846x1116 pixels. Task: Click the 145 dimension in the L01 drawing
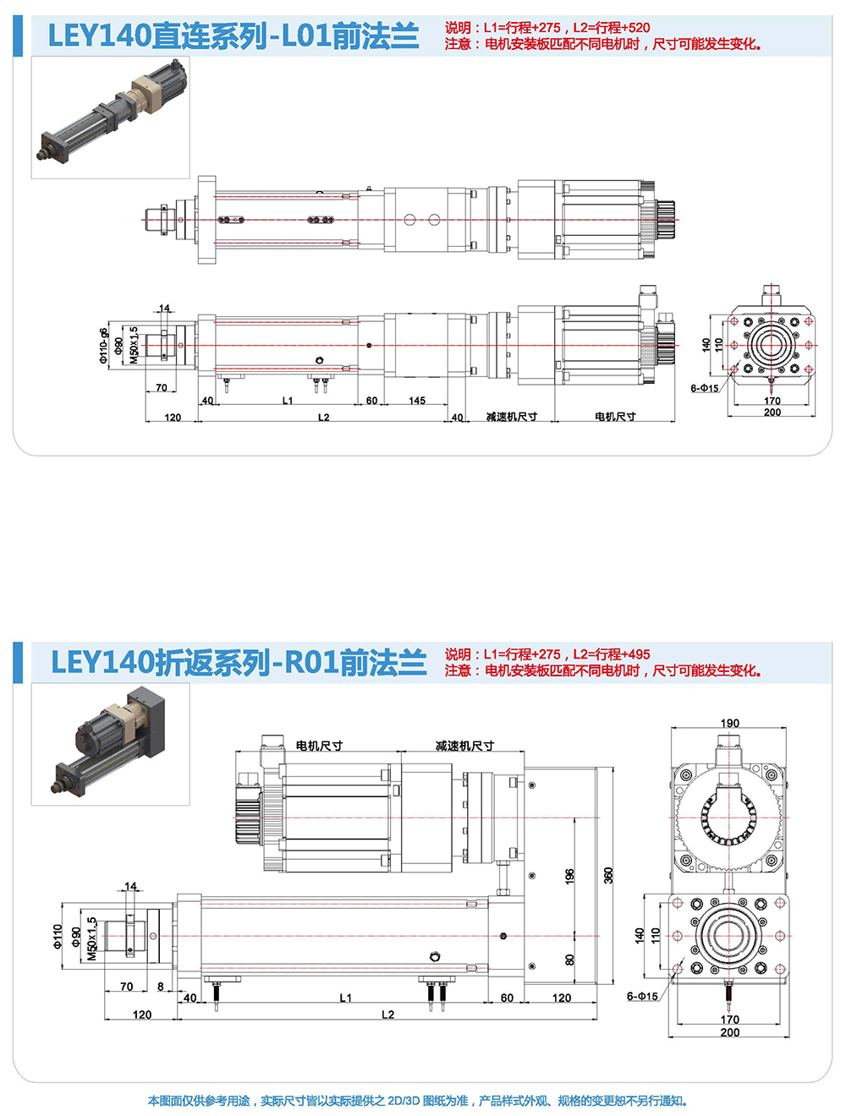[x=417, y=401]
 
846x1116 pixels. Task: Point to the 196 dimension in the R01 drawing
[x=569, y=876]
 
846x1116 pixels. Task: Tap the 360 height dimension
[x=608, y=876]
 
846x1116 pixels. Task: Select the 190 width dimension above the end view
[x=729, y=724]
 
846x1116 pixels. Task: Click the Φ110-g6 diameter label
[x=104, y=346]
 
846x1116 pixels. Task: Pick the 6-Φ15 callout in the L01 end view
[x=704, y=389]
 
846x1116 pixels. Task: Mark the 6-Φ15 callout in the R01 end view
[x=642, y=997]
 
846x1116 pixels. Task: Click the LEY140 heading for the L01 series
[x=233, y=36]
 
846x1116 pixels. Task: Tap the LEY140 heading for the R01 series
[x=239, y=663]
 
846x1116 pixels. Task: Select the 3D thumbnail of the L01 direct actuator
[x=111, y=118]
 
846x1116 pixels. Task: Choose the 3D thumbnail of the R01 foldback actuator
[x=111, y=744]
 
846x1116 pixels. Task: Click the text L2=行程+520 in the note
[x=612, y=28]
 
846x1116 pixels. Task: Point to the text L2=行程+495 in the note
[x=612, y=654]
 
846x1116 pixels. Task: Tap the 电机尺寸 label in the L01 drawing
[x=615, y=417]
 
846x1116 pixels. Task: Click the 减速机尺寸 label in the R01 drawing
[x=464, y=746]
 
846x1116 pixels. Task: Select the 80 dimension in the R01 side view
[x=570, y=960]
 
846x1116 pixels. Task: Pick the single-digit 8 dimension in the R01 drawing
[x=161, y=987]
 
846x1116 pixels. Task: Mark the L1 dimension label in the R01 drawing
[x=345, y=998]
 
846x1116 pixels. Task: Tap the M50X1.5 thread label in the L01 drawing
[x=134, y=346]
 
